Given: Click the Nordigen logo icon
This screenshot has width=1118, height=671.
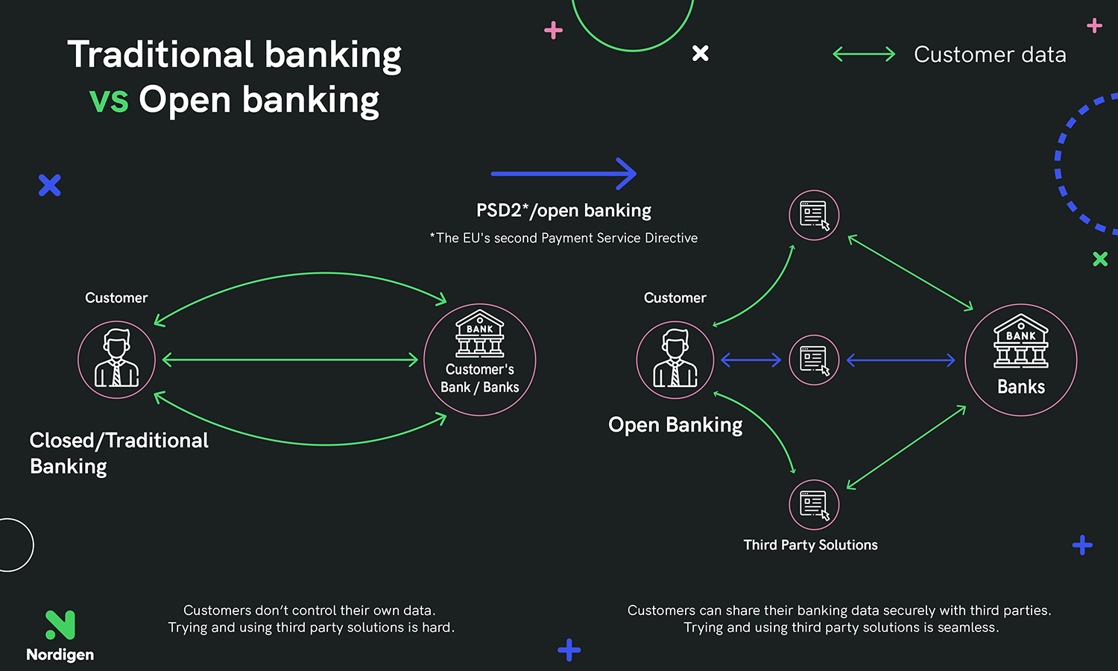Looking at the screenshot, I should [x=60, y=625].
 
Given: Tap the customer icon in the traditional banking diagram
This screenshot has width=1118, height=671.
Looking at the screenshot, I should [x=117, y=359].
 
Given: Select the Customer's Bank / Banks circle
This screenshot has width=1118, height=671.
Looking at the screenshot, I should [x=480, y=359].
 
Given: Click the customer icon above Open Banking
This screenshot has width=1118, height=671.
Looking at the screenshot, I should [x=675, y=359].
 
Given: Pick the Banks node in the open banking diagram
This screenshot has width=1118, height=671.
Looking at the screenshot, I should [x=1021, y=359].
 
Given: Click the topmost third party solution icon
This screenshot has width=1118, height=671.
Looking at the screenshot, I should [x=814, y=215].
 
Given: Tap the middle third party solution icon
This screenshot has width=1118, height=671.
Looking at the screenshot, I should [x=814, y=360].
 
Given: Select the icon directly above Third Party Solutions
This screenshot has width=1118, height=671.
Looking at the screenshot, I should [x=814, y=505].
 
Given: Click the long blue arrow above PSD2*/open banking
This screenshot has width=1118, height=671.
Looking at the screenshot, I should [x=563, y=174].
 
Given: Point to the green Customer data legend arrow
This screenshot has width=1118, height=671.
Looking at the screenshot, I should [x=864, y=54].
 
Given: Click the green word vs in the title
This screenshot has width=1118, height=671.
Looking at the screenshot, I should [x=109, y=100].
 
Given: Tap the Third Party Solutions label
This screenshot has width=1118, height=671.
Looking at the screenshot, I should [x=810, y=545].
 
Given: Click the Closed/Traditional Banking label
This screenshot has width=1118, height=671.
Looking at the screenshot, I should [x=119, y=453].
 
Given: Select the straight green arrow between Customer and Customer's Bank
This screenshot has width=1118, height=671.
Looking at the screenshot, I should [x=290, y=360].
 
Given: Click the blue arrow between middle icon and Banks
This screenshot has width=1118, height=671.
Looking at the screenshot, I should [x=900, y=360].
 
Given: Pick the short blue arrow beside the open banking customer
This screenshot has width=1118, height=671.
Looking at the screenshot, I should [x=751, y=360].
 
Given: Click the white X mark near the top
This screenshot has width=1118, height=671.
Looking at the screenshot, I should [x=701, y=53].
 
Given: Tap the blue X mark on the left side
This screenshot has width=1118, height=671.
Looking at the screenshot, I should [x=50, y=185].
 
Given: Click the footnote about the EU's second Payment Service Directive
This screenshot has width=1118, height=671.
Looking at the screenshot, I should [x=563, y=238].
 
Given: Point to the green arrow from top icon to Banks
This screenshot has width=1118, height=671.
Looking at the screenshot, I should [x=910, y=273].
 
